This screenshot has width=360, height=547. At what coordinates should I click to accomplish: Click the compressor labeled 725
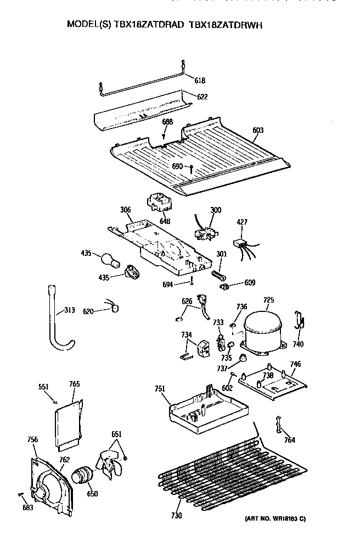(x=263, y=331)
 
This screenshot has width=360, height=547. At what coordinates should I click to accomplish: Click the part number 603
(x=258, y=131)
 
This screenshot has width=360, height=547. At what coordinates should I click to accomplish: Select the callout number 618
(x=200, y=81)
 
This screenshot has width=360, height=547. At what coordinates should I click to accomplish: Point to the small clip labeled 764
(x=278, y=424)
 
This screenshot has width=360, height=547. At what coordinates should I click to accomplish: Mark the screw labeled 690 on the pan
(x=192, y=170)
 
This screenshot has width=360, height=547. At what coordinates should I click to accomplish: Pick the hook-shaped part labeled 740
(x=300, y=321)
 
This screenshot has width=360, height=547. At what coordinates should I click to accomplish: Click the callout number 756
(x=33, y=439)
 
